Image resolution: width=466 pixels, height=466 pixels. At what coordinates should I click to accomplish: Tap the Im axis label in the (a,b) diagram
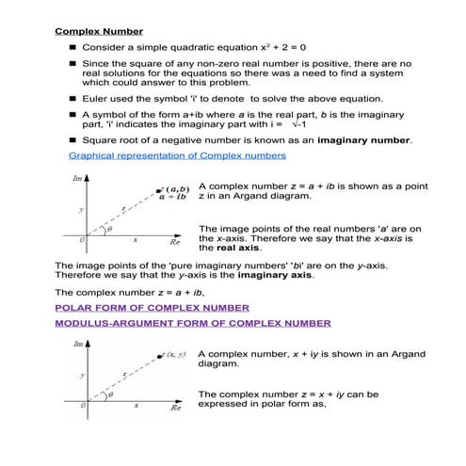(76, 178)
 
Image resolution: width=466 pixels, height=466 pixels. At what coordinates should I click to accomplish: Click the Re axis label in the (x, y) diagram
(176, 409)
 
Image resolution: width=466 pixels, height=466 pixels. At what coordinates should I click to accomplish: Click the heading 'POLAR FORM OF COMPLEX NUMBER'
(152, 307)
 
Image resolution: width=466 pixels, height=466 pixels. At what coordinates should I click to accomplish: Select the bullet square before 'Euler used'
(71, 98)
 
